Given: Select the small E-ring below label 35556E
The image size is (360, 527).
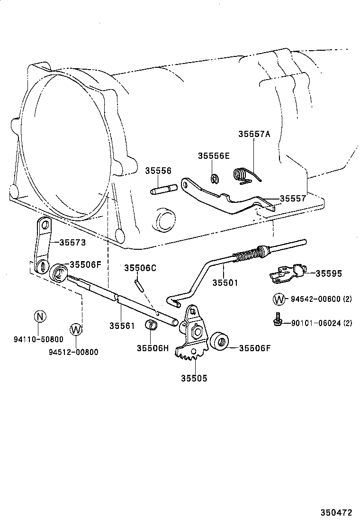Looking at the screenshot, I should click(x=215, y=179).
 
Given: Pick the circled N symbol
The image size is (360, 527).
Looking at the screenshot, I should click(x=40, y=317).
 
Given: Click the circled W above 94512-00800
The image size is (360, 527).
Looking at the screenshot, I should click(x=76, y=329).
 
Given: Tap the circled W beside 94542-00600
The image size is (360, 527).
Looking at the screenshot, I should click(x=279, y=299).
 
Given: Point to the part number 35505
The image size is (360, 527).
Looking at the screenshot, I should click(x=194, y=378).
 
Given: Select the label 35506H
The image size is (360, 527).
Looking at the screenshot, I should click(x=153, y=348).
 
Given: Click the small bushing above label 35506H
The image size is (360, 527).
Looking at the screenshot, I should click(x=152, y=326).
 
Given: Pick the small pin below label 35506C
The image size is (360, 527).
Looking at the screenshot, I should click(x=139, y=285).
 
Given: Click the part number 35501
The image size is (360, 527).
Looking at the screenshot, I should click(x=225, y=282).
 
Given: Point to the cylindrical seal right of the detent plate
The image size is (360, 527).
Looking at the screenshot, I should click(x=219, y=342).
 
